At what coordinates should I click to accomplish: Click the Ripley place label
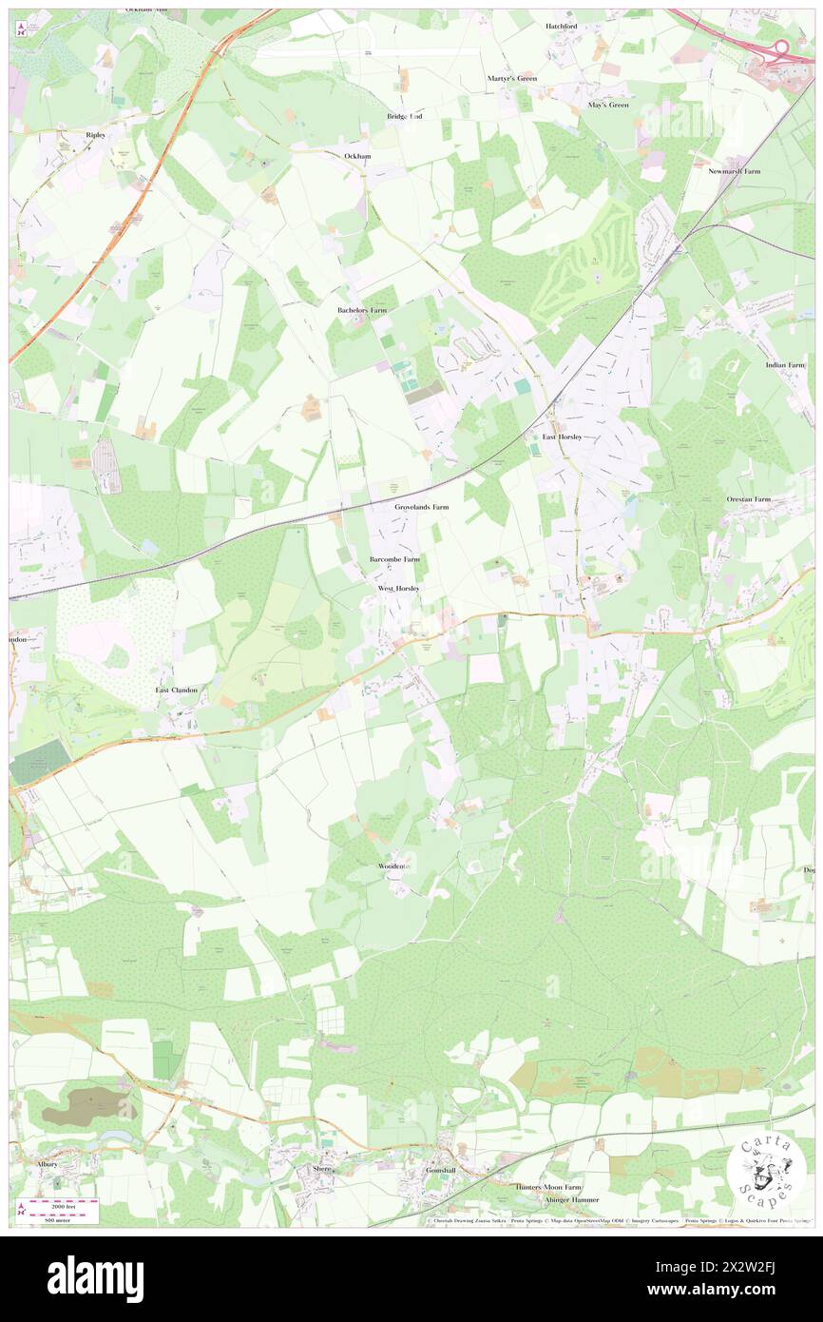95,135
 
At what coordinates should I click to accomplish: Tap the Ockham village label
357,155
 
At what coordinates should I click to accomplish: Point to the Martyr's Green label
512,78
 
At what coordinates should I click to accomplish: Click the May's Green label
608,105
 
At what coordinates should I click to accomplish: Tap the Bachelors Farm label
362,310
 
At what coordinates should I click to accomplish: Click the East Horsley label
562,437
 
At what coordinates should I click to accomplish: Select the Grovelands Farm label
421,508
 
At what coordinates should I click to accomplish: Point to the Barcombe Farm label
394,559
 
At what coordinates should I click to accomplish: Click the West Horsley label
398,589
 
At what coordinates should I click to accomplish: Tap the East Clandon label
177,689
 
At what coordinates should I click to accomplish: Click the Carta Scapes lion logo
766,1170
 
